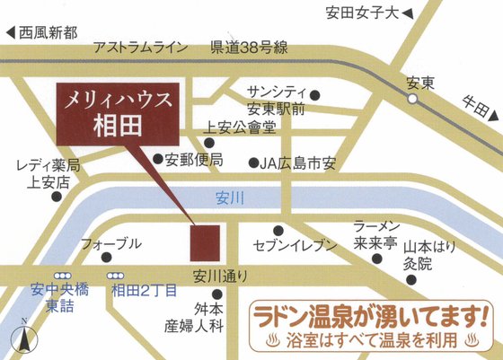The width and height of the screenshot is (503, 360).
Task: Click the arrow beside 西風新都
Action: click(11, 31)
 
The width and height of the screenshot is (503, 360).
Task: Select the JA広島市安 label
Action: click(297, 162)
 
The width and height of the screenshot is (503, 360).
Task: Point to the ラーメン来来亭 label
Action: click(376, 234)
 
